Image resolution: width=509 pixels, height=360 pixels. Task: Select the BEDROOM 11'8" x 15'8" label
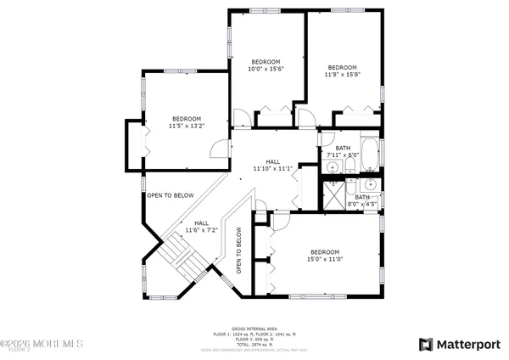342,72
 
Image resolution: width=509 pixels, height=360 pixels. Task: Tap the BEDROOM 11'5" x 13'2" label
187,122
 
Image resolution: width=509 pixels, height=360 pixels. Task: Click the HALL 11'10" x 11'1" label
272,165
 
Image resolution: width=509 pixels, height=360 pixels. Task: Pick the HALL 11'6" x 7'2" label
201,227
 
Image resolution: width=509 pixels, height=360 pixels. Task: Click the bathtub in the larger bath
371,155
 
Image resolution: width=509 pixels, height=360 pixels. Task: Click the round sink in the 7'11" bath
329,168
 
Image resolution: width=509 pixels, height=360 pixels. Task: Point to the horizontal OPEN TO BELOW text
170,195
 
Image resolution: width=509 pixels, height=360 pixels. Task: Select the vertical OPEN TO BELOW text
239,250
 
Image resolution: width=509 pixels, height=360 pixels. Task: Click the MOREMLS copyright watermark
42,344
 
